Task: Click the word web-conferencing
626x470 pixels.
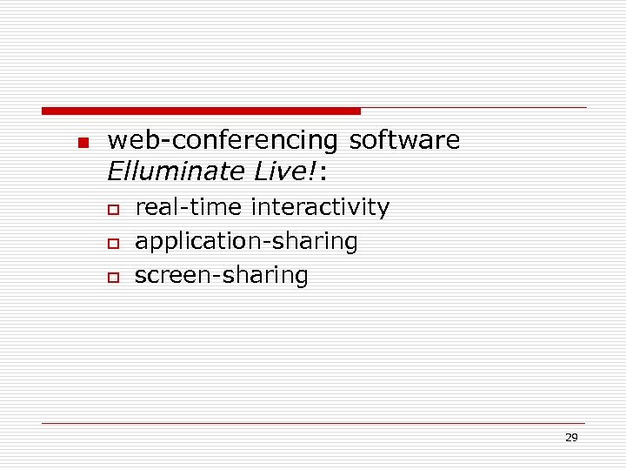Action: coord(223,140)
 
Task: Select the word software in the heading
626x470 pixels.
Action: coord(404,140)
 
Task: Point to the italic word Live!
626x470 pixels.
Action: coord(283,171)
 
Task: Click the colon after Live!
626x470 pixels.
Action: coord(323,174)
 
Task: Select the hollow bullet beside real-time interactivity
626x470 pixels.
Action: coord(111,210)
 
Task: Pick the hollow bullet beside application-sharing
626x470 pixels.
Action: coord(111,244)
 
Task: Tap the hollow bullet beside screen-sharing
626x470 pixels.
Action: coord(111,278)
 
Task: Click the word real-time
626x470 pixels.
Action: coord(189,207)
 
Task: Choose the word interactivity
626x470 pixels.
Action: coord(320,208)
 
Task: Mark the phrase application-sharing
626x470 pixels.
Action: coord(246,242)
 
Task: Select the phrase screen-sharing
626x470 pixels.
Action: coord(221,276)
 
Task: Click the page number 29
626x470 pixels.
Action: coord(570,438)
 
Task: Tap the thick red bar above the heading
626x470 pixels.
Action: coord(201,111)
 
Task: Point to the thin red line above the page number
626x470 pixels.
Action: coord(313,423)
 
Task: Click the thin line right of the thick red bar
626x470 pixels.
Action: coord(474,108)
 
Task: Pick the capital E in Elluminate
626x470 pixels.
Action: coord(114,171)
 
